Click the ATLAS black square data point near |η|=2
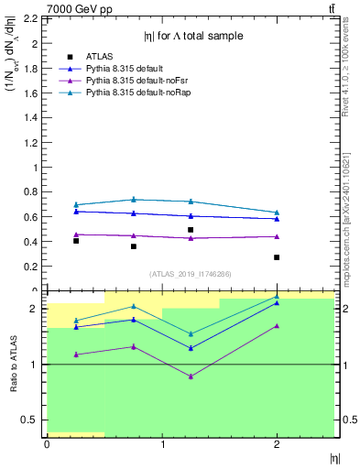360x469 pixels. click(277, 257)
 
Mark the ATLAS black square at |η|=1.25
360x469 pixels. click(191, 230)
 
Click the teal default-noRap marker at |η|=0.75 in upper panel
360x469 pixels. click(134, 199)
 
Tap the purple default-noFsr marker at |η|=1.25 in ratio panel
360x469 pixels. click(191, 376)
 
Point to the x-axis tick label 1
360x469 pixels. click(162, 444)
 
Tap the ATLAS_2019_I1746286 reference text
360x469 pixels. click(190, 274)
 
